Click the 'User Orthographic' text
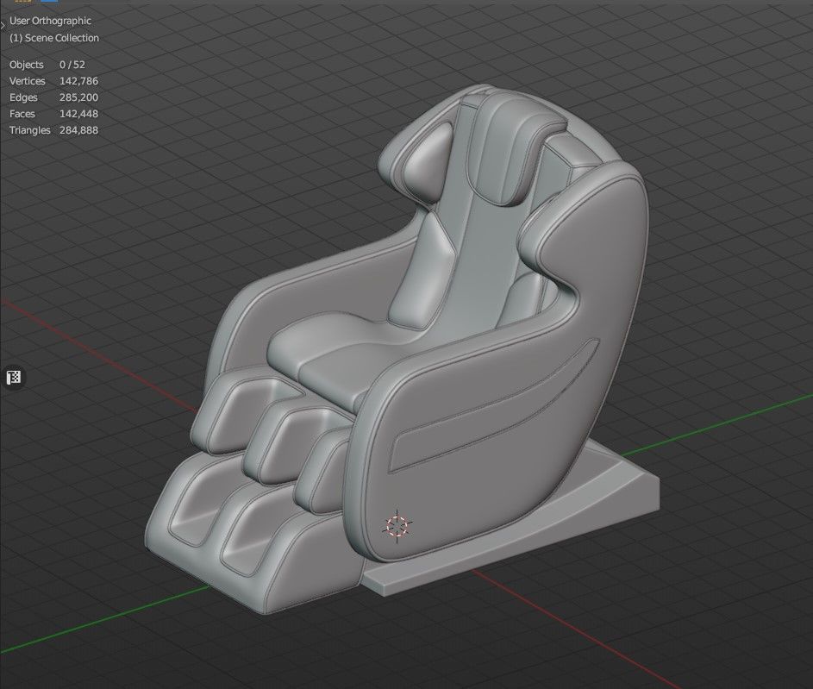click(50, 21)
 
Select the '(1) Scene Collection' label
click(54, 38)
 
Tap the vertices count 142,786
click(78, 81)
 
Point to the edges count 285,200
click(78, 97)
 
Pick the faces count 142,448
click(78, 114)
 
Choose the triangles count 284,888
click(78, 130)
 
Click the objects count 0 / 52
click(72, 65)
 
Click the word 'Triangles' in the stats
click(30, 130)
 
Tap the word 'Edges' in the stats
click(23, 97)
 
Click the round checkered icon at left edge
click(14, 377)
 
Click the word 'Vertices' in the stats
click(28, 81)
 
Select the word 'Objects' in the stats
click(26, 65)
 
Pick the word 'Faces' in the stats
click(22, 114)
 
